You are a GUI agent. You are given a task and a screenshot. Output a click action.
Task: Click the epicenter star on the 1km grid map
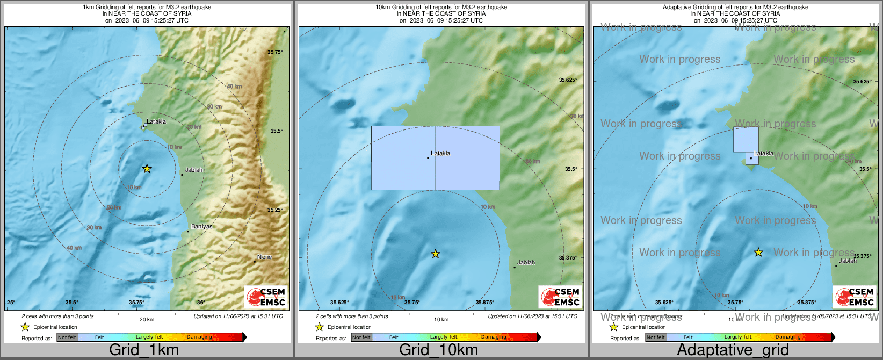click(147, 169)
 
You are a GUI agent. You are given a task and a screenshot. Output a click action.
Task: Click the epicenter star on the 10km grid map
click(436, 254)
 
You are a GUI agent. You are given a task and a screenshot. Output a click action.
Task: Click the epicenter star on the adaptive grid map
click(758, 252)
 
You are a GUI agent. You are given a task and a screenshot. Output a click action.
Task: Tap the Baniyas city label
click(201, 227)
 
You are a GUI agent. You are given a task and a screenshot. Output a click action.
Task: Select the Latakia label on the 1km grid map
click(156, 121)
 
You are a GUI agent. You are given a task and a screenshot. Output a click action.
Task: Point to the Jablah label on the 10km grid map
click(526, 263)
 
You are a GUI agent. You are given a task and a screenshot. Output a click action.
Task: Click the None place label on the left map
click(264, 257)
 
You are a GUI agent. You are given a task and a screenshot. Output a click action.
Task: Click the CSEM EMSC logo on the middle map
click(561, 297)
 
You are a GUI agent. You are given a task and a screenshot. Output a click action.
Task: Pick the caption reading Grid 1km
click(144, 350)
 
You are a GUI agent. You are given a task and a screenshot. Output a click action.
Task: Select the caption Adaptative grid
click(733, 350)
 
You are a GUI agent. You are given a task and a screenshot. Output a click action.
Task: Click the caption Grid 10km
click(438, 350)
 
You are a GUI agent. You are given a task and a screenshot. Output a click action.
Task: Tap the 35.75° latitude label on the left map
click(275, 52)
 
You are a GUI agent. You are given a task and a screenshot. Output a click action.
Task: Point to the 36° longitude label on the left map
click(200, 303)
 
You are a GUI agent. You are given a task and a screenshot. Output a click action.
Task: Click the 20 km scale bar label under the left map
click(147, 319)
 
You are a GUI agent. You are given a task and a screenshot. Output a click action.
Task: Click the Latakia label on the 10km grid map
click(440, 154)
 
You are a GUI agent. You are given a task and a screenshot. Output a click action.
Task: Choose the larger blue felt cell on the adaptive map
click(746, 140)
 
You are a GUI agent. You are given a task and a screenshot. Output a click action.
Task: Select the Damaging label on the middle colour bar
click(494, 337)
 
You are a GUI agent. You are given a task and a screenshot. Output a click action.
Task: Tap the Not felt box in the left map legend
click(67, 337)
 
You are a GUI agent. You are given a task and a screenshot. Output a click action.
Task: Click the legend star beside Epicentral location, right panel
click(613, 327)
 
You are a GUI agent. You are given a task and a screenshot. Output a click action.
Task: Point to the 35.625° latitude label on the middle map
click(568, 80)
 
